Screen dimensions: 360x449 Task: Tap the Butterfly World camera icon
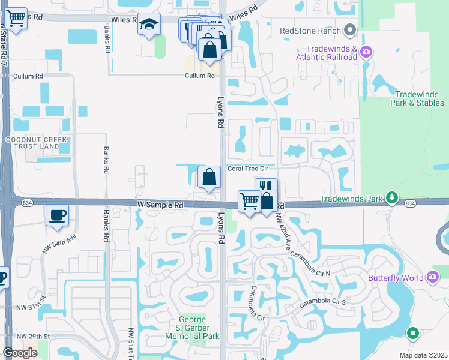click(433, 277)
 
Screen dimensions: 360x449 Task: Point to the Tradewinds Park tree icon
click(392, 197)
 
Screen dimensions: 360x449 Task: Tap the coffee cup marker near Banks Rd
click(58, 215)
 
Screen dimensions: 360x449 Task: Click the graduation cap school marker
click(149, 25)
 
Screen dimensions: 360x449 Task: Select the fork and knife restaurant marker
click(266, 188)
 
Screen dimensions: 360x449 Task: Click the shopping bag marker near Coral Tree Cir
click(208, 177)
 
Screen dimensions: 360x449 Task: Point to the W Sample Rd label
click(160, 205)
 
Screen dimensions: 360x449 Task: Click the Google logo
click(19, 353)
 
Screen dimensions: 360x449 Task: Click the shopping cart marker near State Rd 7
click(17, 18)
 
